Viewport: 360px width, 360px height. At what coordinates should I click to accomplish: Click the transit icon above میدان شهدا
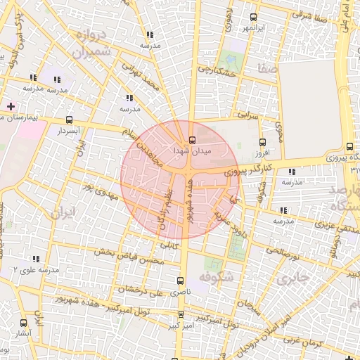tap(192, 139)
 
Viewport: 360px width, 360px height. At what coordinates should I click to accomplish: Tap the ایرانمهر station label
tap(252, 28)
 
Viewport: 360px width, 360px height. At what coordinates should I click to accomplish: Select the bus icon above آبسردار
tap(69, 120)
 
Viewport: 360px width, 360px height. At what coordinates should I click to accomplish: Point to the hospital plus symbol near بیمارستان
tap(10, 106)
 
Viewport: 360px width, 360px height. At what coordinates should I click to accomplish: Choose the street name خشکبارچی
tap(217, 69)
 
